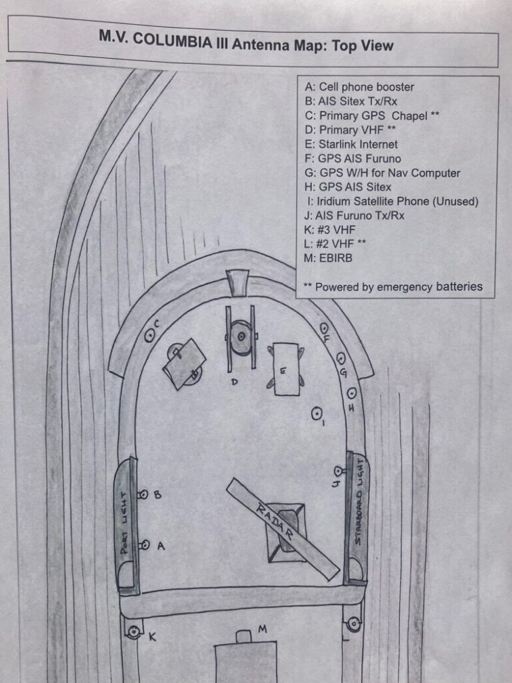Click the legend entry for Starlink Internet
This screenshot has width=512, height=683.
tap(351, 144)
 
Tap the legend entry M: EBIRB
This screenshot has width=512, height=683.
tap(329, 258)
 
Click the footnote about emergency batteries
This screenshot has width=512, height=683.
tap(393, 287)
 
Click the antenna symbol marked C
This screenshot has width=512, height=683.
tap(149, 336)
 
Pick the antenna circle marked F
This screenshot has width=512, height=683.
tap(324, 328)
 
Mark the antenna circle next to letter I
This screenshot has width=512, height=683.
tap(317, 414)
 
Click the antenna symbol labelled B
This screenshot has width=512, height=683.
tap(143, 495)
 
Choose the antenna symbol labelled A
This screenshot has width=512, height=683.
tap(144, 545)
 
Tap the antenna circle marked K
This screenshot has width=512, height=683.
tap(135, 632)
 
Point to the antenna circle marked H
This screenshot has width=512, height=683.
tap(351, 393)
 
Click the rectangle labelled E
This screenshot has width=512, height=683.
tap(287, 369)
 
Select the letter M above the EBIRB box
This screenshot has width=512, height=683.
tap(263, 629)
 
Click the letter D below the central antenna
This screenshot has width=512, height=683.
tap(235, 382)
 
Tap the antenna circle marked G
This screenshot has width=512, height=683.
tap(341, 358)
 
